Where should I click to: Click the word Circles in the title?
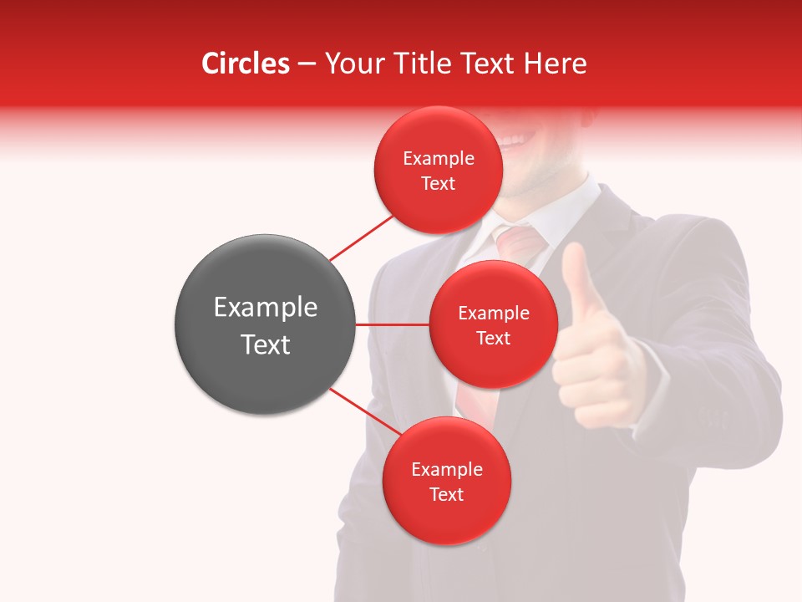[245, 64]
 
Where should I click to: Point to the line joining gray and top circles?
[362, 237]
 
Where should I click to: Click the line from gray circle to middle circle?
[392, 324]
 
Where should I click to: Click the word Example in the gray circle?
[265, 308]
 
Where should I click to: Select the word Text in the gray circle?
[265, 344]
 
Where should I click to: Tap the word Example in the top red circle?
[439, 159]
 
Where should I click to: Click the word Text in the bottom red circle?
[446, 494]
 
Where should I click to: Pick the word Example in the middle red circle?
[493, 314]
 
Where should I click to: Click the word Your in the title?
[350, 64]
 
